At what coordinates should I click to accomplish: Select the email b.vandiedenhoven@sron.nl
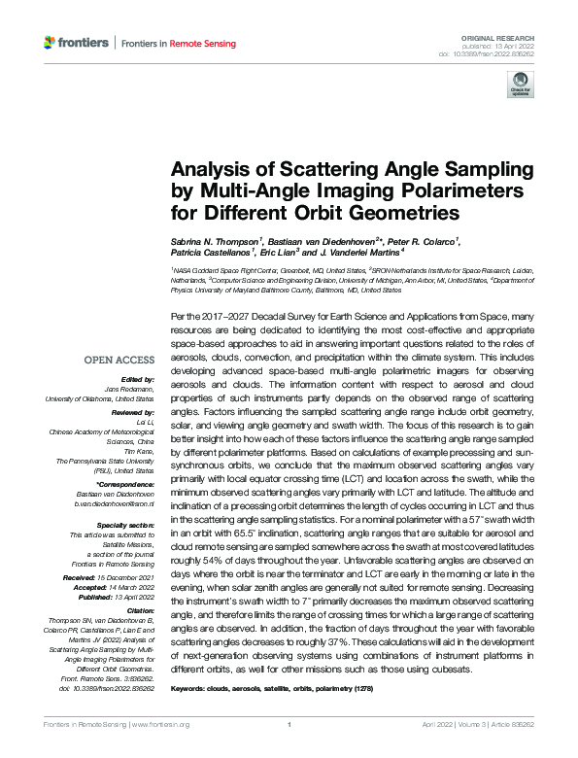114,503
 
